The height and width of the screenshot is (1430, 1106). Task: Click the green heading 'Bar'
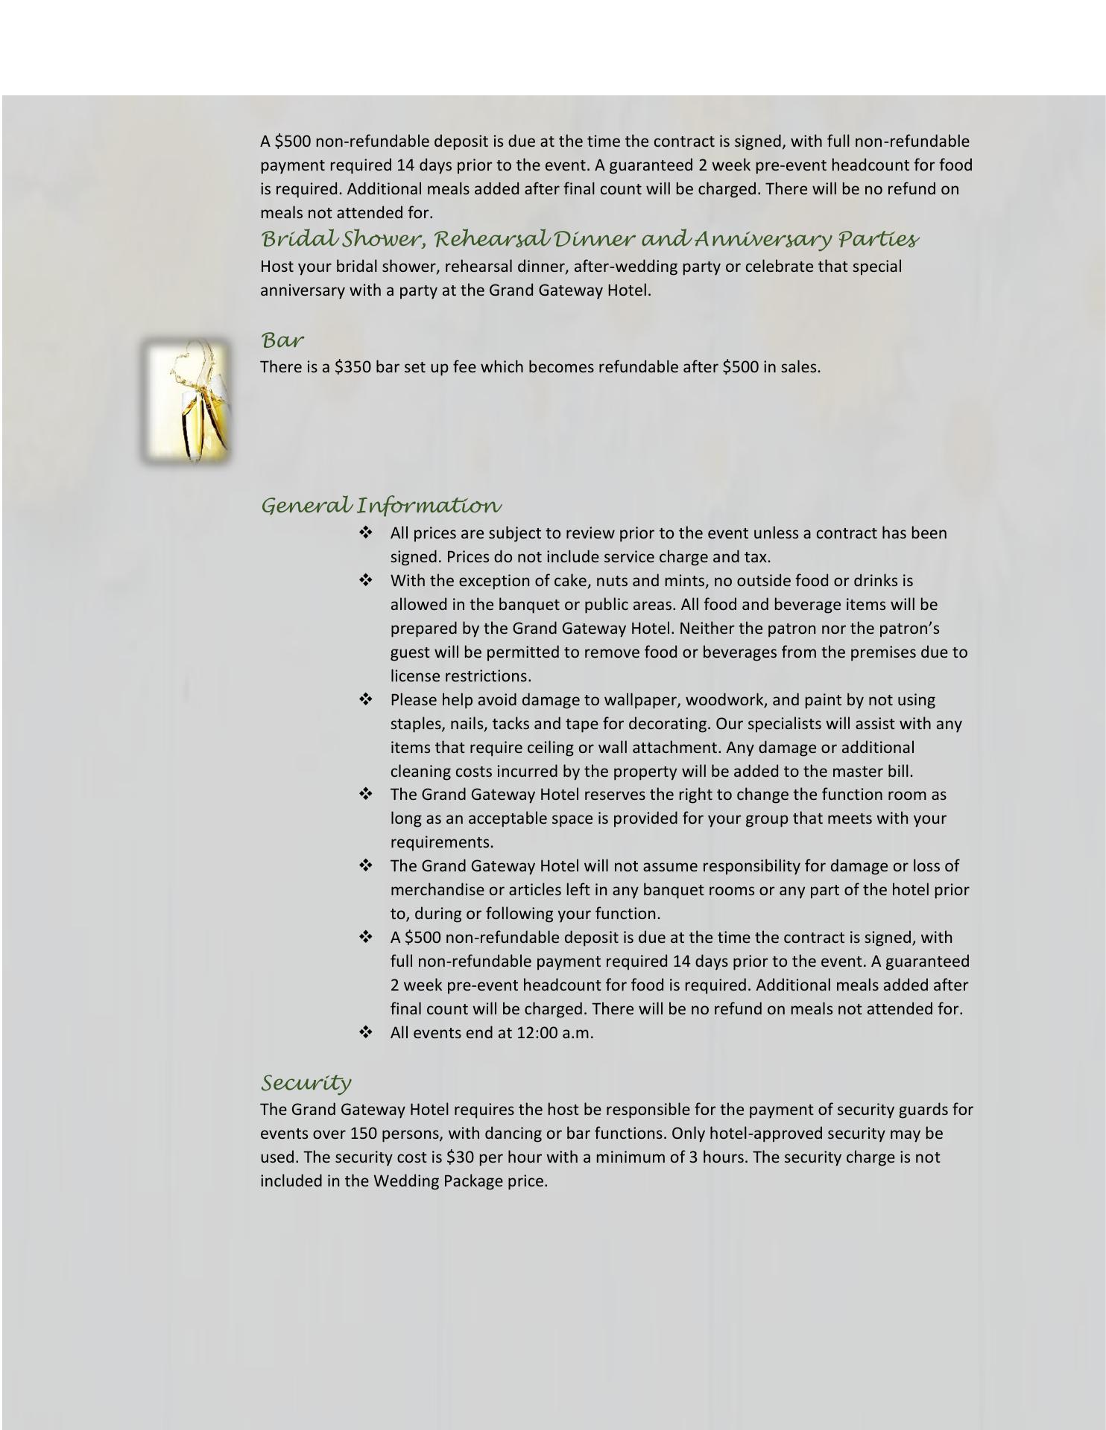(x=282, y=341)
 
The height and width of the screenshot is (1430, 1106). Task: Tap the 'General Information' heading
(x=381, y=506)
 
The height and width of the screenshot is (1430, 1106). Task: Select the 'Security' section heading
(x=306, y=1082)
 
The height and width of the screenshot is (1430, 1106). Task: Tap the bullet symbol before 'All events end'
(x=366, y=1033)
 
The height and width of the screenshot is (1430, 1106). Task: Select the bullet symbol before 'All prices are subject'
(x=366, y=533)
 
